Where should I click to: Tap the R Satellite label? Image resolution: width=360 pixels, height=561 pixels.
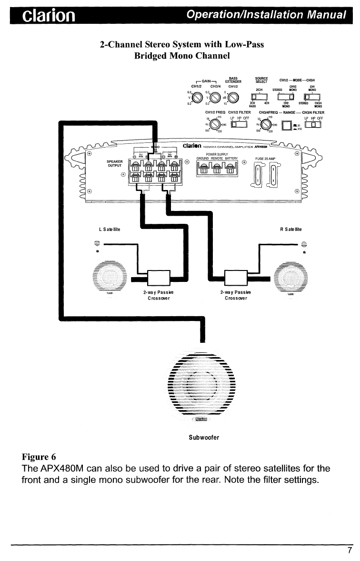(x=290, y=230)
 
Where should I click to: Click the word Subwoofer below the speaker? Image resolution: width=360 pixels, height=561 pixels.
(x=204, y=437)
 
